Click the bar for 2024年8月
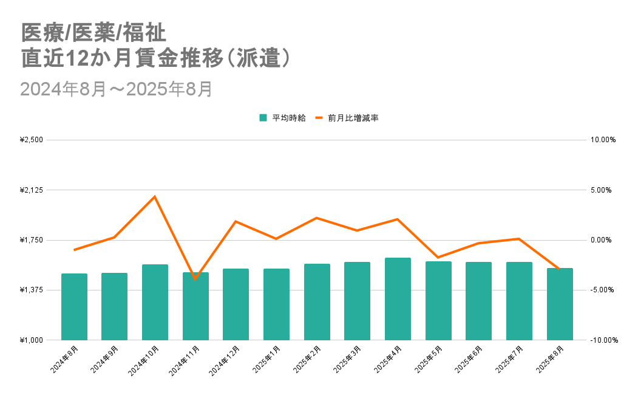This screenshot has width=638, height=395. [74, 307]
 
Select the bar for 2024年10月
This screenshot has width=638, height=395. [155, 302]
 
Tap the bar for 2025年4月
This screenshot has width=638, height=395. [398, 299]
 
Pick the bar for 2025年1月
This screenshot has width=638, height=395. [276, 304]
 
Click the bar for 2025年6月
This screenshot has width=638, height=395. [478, 301]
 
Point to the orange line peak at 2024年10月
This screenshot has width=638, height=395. [155, 196]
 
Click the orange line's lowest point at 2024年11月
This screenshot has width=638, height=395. [195, 279]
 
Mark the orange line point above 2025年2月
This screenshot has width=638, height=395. [316, 218]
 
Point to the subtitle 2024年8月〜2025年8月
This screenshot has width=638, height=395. [116, 89]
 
